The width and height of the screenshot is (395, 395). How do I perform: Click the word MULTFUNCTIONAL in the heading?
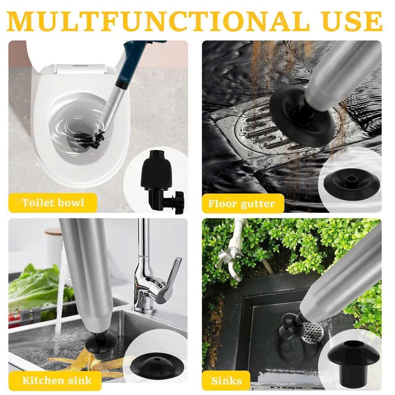pos(158,21)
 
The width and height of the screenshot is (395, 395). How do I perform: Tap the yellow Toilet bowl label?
pos(53,203)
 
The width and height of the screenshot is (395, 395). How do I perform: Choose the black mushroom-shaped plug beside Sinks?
pos(354,361)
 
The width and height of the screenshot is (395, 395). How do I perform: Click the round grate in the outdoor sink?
pos(314,331)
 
